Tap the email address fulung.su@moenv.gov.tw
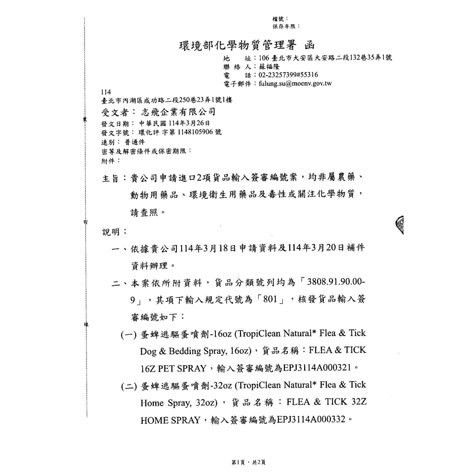295,84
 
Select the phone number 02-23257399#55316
288,75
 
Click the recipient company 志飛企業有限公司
178,112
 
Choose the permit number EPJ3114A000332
309,420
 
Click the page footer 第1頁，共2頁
248,462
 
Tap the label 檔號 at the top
280,19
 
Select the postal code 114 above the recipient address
105,92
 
